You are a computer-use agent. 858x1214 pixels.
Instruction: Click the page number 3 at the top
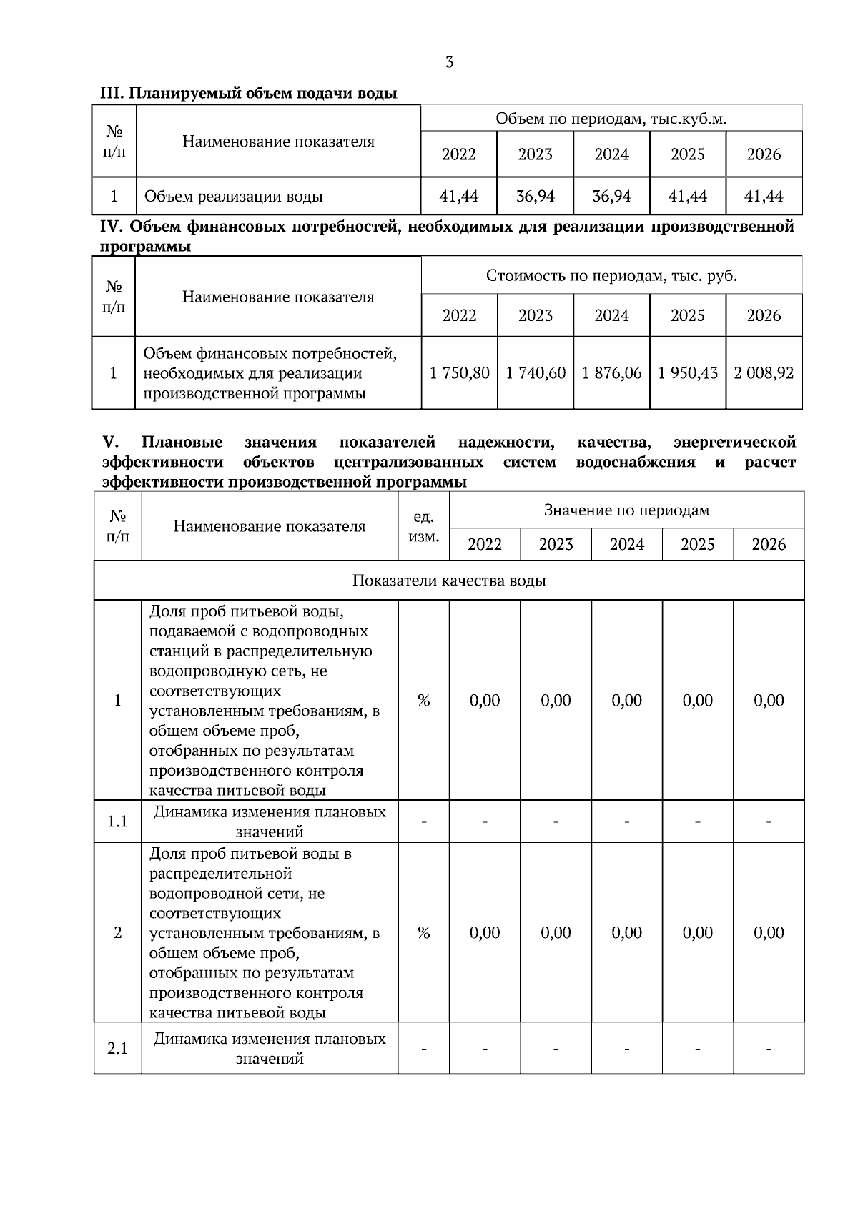pos(449,62)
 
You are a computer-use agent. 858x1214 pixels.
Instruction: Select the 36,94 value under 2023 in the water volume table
pos(535,196)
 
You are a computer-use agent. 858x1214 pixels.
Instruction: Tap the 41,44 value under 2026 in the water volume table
pos(764,196)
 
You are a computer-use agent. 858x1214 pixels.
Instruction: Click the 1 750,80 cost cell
pos(459,372)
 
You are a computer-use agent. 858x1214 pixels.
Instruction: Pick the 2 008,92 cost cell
pos(764,372)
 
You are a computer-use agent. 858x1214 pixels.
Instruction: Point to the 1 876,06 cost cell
pos(611,372)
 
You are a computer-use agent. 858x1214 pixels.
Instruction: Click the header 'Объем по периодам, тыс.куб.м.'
pos(611,119)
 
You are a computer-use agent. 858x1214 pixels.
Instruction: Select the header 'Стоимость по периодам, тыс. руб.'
pos(611,275)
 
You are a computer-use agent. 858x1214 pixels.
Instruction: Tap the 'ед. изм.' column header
pos(423,526)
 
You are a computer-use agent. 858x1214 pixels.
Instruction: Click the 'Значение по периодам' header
pos(626,510)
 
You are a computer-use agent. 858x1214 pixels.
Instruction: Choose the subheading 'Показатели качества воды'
pos(449,580)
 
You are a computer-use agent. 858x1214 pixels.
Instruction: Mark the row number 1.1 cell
pos(117,821)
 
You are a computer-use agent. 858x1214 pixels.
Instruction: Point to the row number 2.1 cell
pos(117,1049)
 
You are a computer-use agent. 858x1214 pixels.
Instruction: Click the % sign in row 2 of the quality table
pos(423,932)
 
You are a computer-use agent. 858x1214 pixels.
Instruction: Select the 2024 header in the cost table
pos(611,315)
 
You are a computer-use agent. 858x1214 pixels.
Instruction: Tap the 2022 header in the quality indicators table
pos(485,545)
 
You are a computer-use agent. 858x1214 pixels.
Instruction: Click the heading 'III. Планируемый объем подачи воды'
pos(248,94)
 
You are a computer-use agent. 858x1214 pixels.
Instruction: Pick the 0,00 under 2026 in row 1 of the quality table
pos(769,700)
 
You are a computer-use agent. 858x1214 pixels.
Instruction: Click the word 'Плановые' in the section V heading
pos(182,443)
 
